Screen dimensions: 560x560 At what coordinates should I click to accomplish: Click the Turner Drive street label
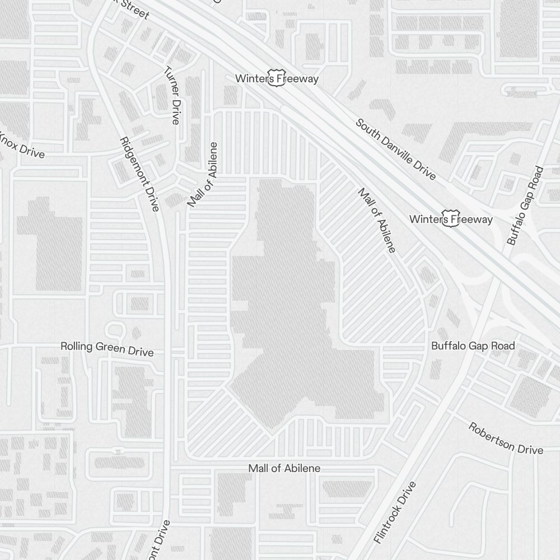pyautogui.click(x=171, y=95)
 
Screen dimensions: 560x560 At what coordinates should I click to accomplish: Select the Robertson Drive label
pyautogui.click(x=506, y=438)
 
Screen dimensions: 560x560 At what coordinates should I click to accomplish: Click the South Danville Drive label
pyautogui.click(x=395, y=149)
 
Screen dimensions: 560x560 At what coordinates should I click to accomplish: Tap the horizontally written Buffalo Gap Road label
pyautogui.click(x=473, y=346)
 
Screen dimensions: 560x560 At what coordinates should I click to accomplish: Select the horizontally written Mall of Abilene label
pyautogui.click(x=284, y=468)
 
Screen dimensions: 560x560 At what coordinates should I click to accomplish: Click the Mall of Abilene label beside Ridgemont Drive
pyautogui.click(x=203, y=175)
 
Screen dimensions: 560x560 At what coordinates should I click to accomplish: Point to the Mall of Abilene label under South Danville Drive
pyautogui.click(x=377, y=220)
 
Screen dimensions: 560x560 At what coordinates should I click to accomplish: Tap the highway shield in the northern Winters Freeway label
pyautogui.click(x=275, y=78)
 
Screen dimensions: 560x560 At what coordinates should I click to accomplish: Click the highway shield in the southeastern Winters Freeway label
pyautogui.click(x=449, y=219)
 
